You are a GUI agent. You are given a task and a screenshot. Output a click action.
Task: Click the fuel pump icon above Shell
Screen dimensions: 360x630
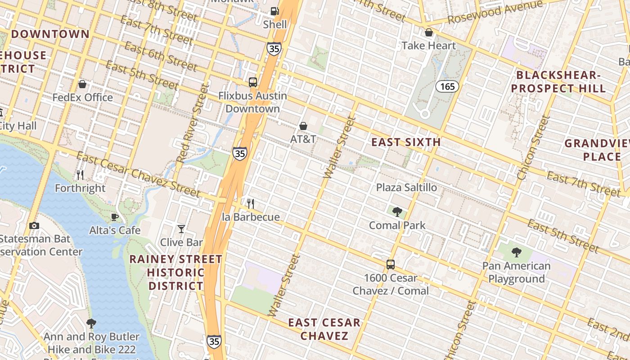coord(274,11)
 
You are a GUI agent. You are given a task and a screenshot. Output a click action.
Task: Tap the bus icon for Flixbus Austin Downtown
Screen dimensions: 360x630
coord(253,82)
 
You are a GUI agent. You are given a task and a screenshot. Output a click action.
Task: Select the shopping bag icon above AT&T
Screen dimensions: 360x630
coord(303,126)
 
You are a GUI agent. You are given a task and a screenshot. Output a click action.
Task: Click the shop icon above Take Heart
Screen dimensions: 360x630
coord(429,32)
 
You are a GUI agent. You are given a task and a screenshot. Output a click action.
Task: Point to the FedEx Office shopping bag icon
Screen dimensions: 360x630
coord(82,84)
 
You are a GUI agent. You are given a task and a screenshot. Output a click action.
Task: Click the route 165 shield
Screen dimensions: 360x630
coord(447,86)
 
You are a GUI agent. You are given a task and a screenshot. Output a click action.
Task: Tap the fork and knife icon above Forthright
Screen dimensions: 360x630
coord(80,175)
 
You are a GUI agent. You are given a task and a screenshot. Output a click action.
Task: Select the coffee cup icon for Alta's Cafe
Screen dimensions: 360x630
coord(115,217)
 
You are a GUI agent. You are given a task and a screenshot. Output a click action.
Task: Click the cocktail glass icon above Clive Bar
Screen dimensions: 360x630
coord(181,229)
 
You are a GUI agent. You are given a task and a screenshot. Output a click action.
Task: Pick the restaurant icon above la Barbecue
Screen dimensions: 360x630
coord(251,204)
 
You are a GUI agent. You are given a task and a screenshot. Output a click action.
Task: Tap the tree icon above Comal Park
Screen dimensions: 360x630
coord(397,212)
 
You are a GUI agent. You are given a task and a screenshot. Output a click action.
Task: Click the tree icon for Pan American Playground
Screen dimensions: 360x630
coord(516,252)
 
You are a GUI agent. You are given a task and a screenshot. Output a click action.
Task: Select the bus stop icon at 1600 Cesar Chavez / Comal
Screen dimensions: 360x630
coord(391,265)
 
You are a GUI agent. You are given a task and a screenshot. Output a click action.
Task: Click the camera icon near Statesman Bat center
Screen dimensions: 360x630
coord(34,225)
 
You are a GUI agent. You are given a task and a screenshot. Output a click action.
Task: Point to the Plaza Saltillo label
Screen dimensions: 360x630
coord(406,187)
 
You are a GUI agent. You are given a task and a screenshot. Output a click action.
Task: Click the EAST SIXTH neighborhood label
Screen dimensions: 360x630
coord(406,142)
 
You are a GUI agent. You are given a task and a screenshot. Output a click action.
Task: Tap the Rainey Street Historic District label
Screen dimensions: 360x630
coord(176,272)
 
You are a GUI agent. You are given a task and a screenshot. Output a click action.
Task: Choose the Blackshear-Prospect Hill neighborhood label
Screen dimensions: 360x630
coord(558,81)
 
